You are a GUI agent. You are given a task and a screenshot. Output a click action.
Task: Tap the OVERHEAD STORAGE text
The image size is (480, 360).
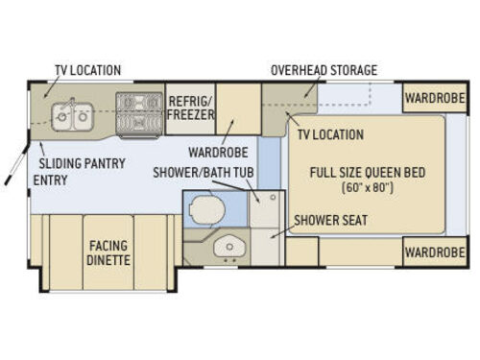click(x=324, y=70)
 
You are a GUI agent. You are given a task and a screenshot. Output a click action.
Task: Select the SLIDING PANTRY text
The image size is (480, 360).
click(x=82, y=163)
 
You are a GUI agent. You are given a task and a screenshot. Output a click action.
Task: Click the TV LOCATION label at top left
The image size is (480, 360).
click(x=85, y=70)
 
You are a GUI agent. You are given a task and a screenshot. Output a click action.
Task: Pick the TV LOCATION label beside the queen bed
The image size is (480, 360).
click(x=330, y=134)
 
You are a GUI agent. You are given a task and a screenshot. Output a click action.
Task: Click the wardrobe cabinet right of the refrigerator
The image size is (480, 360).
click(x=238, y=110)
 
